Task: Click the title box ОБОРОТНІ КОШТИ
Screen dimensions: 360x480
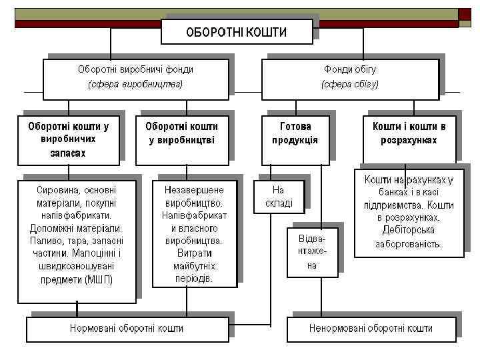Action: (x=237, y=32)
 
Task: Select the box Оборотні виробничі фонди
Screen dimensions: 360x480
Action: (x=135, y=77)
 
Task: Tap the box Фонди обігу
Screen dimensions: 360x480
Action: (x=349, y=77)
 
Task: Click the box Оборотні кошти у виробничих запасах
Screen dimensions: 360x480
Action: (x=69, y=139)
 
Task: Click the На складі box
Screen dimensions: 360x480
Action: (x=278, y=196)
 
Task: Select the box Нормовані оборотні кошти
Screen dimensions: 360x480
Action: (x=127, y=329)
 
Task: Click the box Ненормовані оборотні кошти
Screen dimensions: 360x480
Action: (x=371, y=329)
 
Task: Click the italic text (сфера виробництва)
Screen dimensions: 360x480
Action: (x=135, y=85)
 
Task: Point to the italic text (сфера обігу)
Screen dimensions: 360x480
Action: (x=349, y=85)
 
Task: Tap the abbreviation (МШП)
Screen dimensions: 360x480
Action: (x=100, y=279)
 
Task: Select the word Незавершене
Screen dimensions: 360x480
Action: (x=194, y=190)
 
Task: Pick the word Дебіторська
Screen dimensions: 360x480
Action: (x=408, y=230)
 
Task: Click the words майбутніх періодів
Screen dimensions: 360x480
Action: (x=195, y=273)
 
